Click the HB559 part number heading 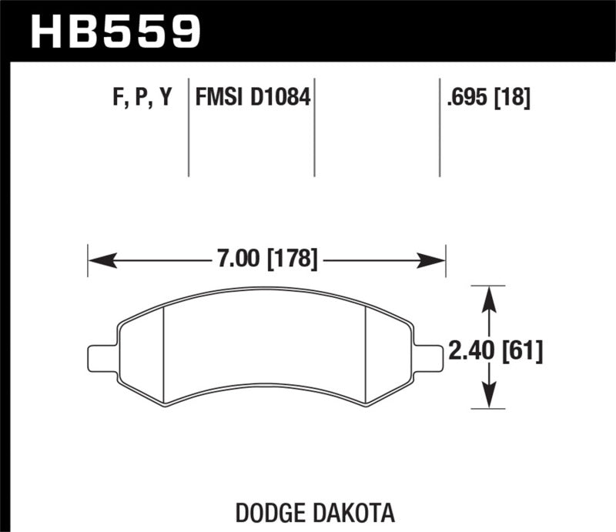coord(115,32)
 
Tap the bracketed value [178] coord(291,259)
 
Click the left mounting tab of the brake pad coord(101,358)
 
